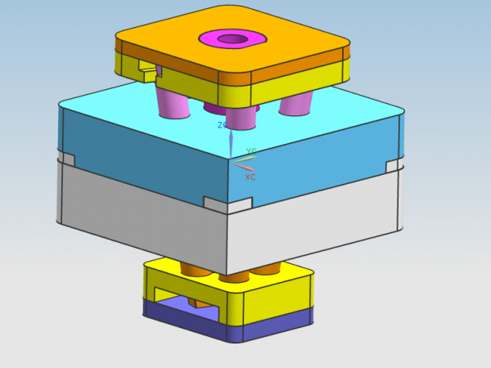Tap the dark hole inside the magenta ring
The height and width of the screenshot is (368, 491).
232,39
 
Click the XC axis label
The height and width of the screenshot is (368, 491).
250,177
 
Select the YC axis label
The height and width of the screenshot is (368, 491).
251,151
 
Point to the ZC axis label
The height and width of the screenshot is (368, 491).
222,125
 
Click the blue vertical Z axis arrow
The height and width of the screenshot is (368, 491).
231,144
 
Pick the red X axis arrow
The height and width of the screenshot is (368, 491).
245,167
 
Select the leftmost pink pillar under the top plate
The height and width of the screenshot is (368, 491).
173,103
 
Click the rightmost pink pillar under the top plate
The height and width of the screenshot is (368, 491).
295,104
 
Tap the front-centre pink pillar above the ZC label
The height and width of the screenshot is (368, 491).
241,119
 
